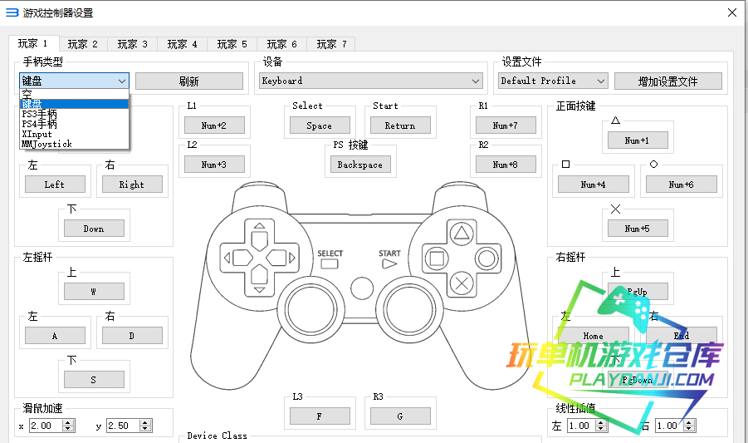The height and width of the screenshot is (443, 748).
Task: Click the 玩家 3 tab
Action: coord(132,44)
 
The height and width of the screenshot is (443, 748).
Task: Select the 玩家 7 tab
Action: coord(331,44)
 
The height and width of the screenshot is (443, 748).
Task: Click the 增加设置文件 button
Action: coord(667,81)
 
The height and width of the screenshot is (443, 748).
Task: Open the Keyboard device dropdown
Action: coord(371,81)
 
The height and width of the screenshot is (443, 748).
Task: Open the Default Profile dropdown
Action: coord(553,81)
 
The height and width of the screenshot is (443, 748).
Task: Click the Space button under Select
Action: coord(320,126)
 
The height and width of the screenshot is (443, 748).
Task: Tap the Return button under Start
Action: coord(400,126)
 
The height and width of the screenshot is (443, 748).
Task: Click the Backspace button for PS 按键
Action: coord(359,165)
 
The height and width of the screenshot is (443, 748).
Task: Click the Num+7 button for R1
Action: coord(505,126)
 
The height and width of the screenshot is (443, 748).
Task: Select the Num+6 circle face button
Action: coord(681,185)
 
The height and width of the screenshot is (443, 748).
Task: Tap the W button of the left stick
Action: coord(93,292)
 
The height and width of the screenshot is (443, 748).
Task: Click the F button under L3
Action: coord(320,416)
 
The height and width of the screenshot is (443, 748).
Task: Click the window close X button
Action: coord(731,12)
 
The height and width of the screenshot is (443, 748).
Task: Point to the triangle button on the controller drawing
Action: coord(461,232)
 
